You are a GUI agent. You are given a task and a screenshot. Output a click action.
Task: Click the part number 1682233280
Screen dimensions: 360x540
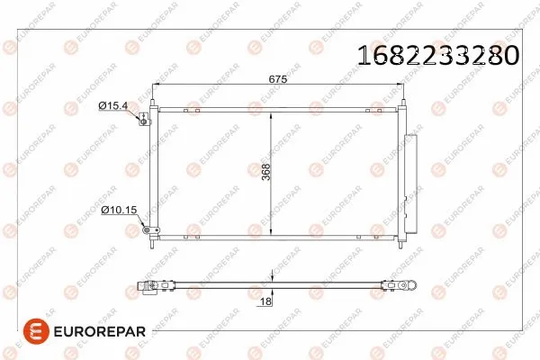pyautogui.click(x=438, y=56)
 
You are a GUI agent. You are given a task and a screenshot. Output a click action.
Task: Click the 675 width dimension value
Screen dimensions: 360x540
pyautogui.click(x=277, y=80)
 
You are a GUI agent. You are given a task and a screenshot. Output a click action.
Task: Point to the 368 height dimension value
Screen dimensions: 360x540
pyautogui.click(x=266, y=172)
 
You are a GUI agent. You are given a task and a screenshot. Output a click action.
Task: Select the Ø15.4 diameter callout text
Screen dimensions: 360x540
pyautogui.click(x=114, y=106)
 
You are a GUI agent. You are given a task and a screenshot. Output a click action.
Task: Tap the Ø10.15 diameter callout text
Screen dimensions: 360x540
pyautogui.click(x=118, y=210)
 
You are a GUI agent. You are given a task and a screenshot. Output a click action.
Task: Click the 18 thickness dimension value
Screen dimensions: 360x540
pyautogui.click(x=265, y=302)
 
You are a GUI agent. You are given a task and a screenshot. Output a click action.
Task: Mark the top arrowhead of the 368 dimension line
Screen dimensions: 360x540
pyautogui.click(x=273, y=111)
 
